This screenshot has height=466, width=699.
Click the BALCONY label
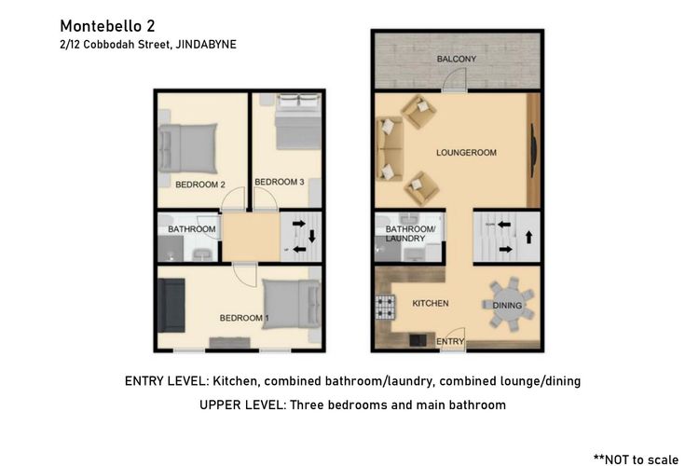pyautogui.click(x=457, y=59)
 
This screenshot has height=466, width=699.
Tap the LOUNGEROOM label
pyautogui.click(x=466, y=153)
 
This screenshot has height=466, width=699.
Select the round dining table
pyautogui.click(x=508, y=304)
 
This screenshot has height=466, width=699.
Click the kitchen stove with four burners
pyautogui.click(x=385, y=308)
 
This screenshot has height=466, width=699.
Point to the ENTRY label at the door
pyautogui.click(x=450, y=342)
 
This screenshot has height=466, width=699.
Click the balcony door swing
pyautogui.click(x=454, y=81)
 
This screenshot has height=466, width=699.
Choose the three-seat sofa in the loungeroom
pyautogui.click(x=391, y=148)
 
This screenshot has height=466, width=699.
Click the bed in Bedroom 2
pyautogui.click(x=187, y=148)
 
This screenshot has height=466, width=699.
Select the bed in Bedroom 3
pyautogui.click(x=298, y=121)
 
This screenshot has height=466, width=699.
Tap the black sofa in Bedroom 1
pyautogui.click(x=171, y=306)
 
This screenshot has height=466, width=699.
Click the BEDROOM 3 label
pyautogui.click(x=280, y=182)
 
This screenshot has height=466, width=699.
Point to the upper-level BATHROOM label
pyautogui.click(x=192, y=229)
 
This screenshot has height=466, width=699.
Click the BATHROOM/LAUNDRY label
pyautogui.click(x=410, y=234)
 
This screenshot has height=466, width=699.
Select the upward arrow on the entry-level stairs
pyautogui.click(x=529, y=237)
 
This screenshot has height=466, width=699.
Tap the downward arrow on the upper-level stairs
pyautogui.click(x=312, y=236)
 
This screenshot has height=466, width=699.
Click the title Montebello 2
pyautogui.click(x=107, y=26)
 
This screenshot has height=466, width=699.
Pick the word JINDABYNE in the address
pyautogui.click(x=206, y=45)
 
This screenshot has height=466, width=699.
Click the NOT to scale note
pyautogui.click(x=637, y=459)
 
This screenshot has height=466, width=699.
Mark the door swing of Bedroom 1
pyautogui.click(x=246, y=275)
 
